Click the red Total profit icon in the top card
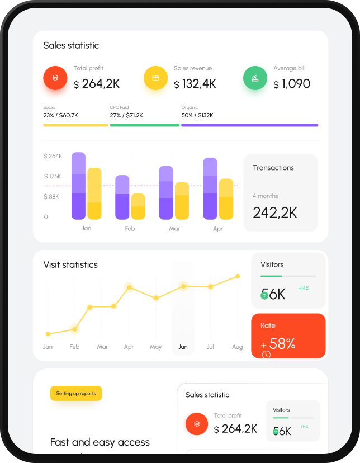click(x=55, y=78)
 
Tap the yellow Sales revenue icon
click(x=156, y=78)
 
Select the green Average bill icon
click(x=255, y=78)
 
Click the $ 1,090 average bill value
click(x=292, y=84)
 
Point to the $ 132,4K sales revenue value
click(x=195, y=84)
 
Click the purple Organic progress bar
click(x=249, y=125)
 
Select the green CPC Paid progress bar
click(x=144, y=125)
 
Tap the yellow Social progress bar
click(x=75, y=125)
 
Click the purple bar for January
click(x=78, y=186)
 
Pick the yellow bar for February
click(x=138, y=206)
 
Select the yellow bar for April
click(x=226, y=199)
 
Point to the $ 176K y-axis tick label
click(x=53, y=177)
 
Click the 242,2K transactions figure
click(x=275, y=212)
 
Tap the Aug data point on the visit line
click(x=238, y=276)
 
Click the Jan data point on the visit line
click(x=48, y=334)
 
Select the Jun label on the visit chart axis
click(x=183, y=347)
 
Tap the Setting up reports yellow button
click(x=76, y=394)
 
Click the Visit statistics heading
click(x=70, y=264)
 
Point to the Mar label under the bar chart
click(x=174, y=229)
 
